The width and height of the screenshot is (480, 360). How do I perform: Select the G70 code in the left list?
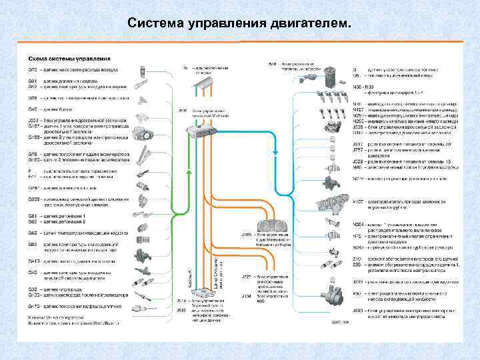coord(31,69)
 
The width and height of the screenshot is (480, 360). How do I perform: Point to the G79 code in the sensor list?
coord(31,154)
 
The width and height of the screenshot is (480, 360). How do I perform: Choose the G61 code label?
coord(31,217)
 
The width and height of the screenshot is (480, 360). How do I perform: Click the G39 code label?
coord(31,289)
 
